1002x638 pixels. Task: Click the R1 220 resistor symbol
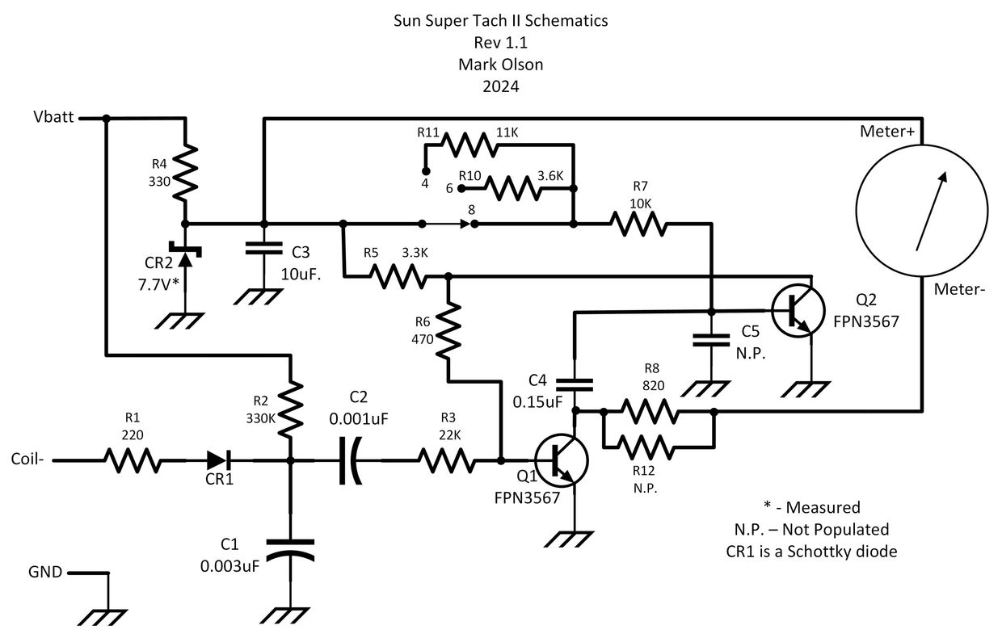[x=131, y=461]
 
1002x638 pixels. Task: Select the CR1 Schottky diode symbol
[x=217, y=461]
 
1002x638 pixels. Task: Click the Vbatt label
[x=54, y=118]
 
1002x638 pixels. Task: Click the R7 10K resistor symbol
[x=640, y=224]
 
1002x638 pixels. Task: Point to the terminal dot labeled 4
[x=425, y=171]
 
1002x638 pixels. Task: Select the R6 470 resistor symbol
[x=448, y=332]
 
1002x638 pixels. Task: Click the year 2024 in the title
[x=500, y=85]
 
